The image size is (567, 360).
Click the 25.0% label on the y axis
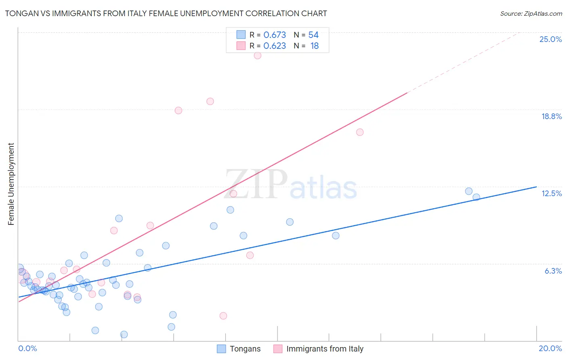550,39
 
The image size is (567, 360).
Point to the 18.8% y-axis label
551,116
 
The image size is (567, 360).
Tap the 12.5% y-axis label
551,193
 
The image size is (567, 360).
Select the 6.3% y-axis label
553,271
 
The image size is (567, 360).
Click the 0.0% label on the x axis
27,348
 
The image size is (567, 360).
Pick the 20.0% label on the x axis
550,348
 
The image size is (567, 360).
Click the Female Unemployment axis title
11,184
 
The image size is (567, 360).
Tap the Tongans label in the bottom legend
245,349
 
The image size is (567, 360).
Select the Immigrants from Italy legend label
325,349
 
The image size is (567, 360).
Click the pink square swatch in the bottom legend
278,349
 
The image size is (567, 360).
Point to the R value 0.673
275,35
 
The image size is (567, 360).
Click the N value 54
313,35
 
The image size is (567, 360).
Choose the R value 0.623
275,46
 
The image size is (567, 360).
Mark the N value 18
315,46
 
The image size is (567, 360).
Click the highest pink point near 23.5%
257,55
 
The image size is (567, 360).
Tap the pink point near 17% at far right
360,132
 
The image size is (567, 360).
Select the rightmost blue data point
476,197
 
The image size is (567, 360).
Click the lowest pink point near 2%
223,316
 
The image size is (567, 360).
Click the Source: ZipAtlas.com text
531,14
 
